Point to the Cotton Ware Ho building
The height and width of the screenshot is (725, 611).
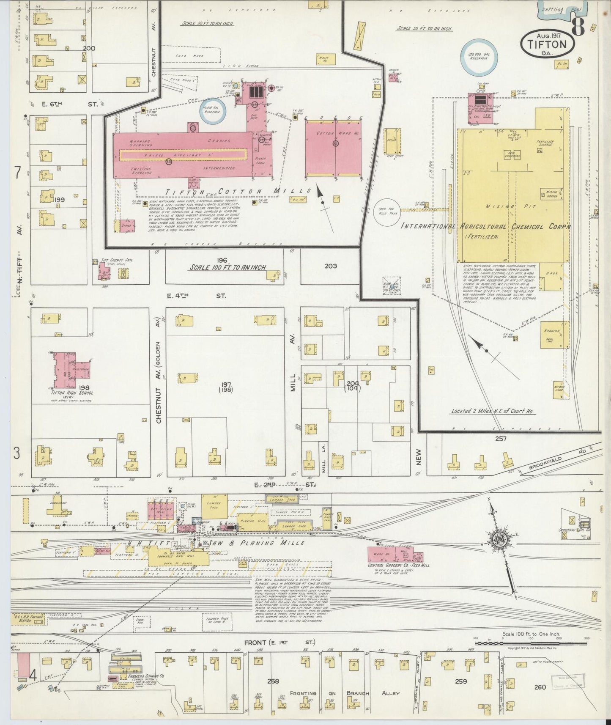click(x=333, y=148)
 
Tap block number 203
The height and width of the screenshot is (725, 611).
click(x=331, y=266)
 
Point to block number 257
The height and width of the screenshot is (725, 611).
click(x=501, y=439)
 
